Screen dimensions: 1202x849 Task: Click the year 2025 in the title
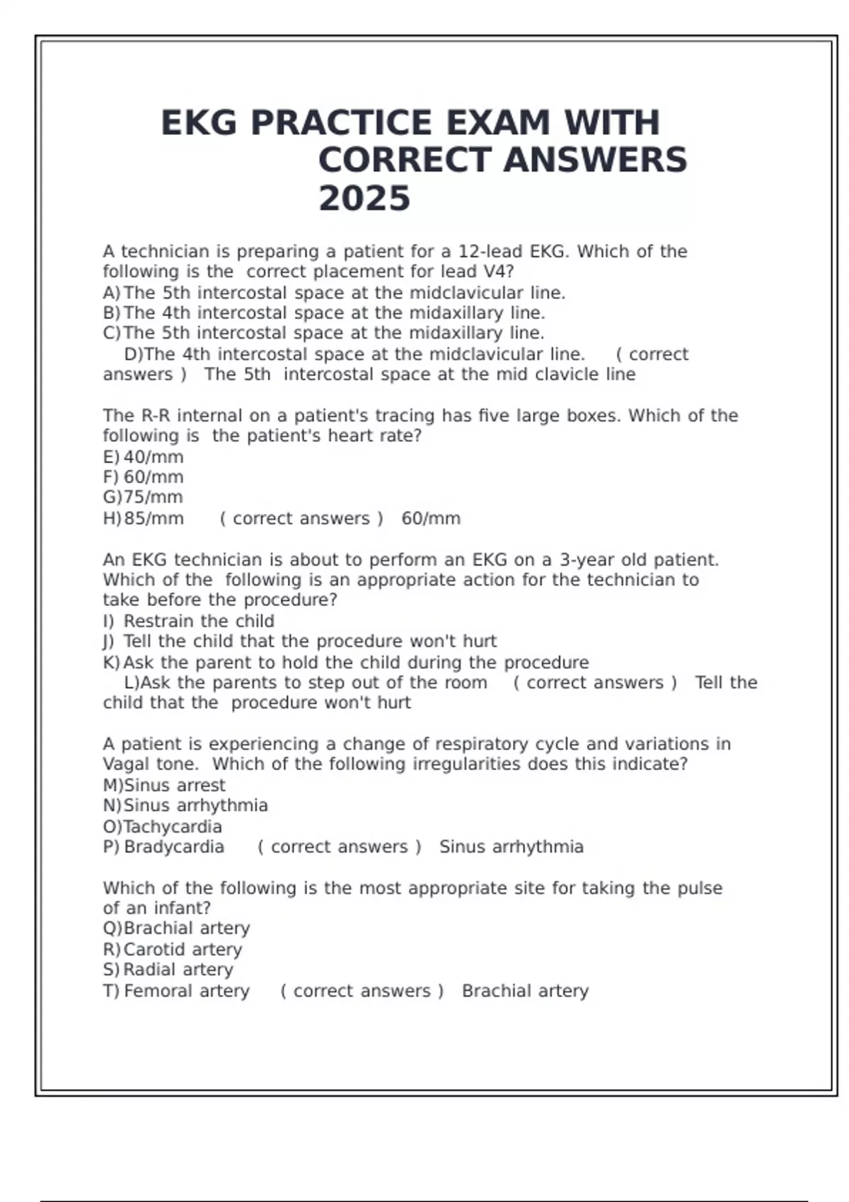(x=364, y=198)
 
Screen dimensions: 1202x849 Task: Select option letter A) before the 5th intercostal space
(x=112, y=293)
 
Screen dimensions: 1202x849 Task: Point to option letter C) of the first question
(x=112, y=333)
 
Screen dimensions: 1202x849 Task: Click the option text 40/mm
(x=154, y=457)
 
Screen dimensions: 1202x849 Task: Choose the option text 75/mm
(x=154, y=497)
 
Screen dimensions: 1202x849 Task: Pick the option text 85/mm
(x=154, y=518)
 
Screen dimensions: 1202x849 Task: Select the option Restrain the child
(x=199, y=621)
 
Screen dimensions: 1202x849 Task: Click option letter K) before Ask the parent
(x=112, y=663)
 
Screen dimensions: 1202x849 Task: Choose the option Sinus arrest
(x=175, y=785)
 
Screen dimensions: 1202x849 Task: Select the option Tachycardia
(x=173, y=827)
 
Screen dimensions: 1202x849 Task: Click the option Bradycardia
(x=174, y=847)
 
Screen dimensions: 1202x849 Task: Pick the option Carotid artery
(x=183, y=949)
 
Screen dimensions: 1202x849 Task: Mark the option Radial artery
(x=178, y=969)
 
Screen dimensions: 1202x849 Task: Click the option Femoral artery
(x=187, y=991)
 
